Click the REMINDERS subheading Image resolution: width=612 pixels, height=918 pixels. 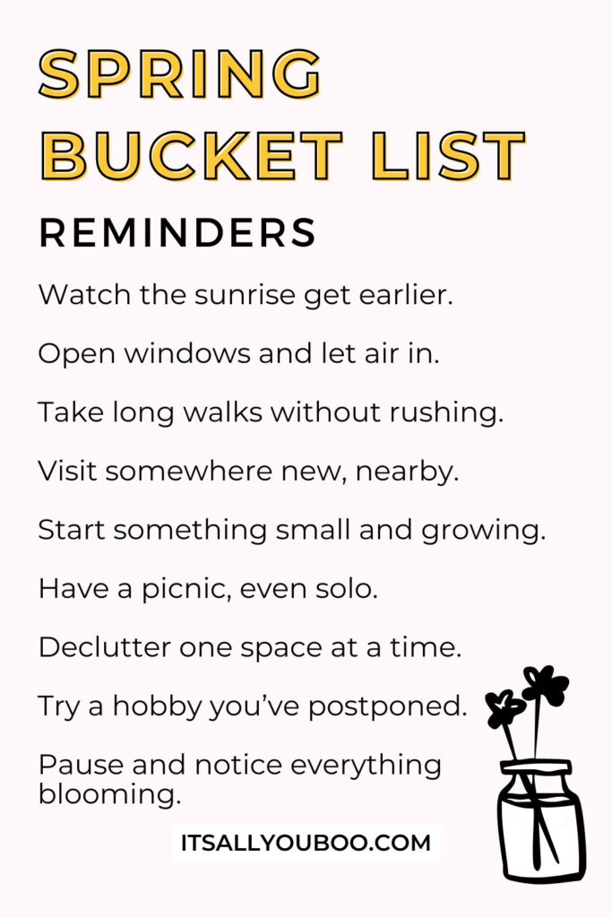coord(177,233)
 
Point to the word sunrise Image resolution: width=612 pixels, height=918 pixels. coord(234,295)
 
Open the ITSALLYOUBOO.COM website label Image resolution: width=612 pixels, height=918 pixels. coord(306,843)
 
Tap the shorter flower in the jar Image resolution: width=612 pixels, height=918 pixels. coord(505,708)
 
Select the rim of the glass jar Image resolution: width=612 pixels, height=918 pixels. coord(536,767)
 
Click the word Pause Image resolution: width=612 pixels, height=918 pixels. coord(76,765)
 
